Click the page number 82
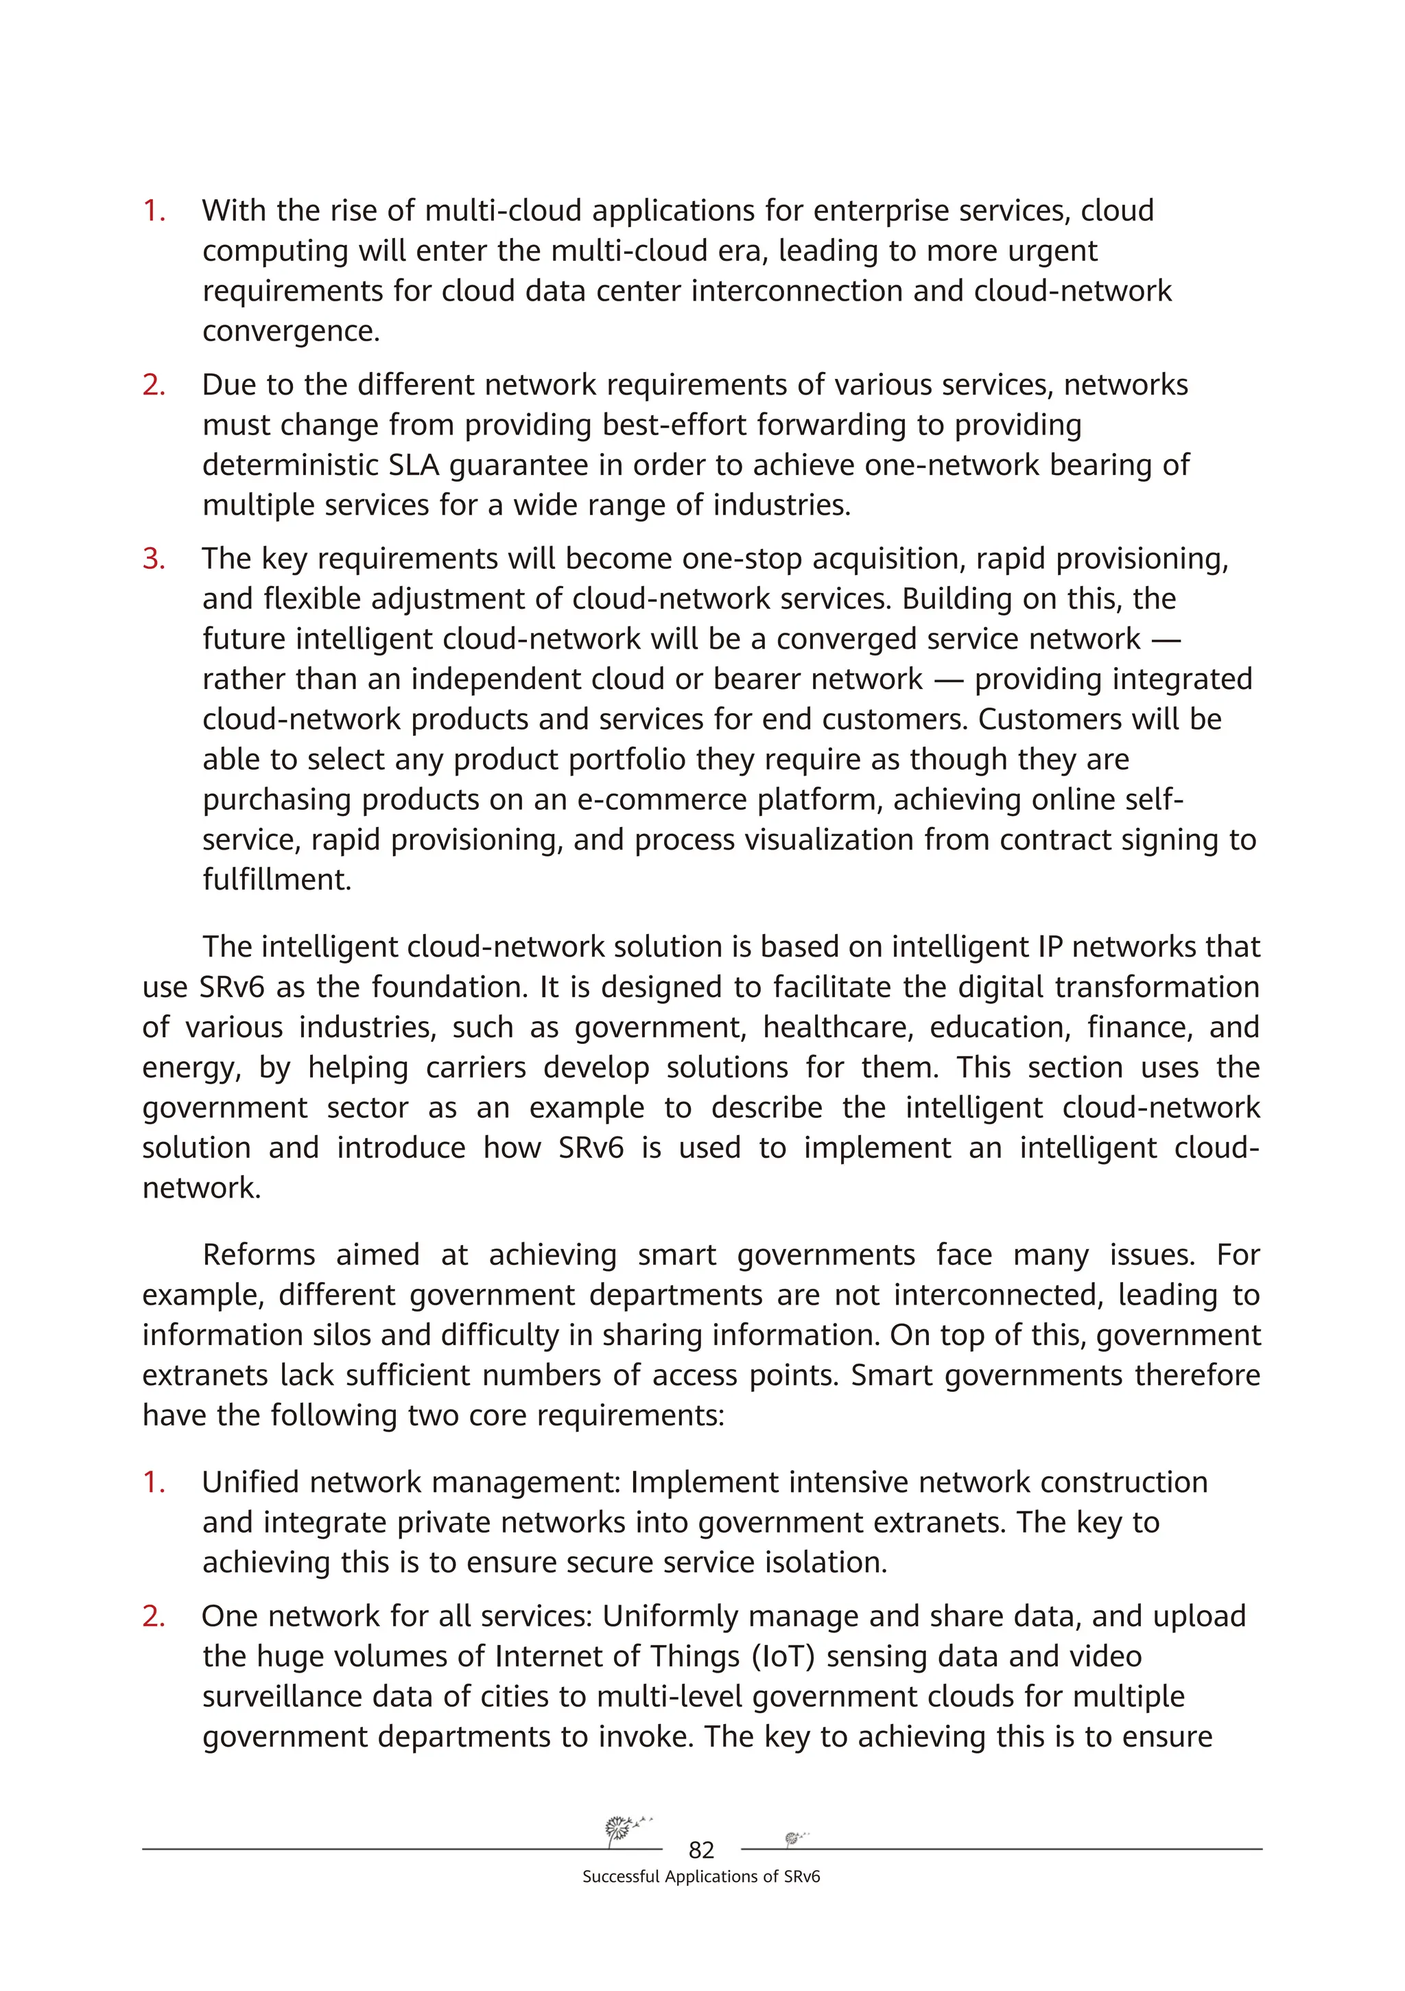point(700,1850)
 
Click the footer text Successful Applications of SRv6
point(700,1876)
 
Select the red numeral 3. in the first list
point(154,559)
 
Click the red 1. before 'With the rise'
point(154,211)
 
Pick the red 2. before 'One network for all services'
point(154,1616)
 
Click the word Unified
point(250,1482)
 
